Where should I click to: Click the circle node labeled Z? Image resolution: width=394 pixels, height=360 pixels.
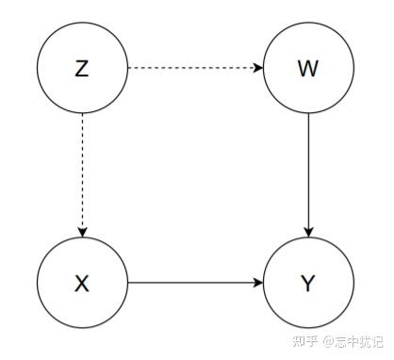click(82, 69)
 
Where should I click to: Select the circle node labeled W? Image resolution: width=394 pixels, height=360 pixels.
click(308, 69)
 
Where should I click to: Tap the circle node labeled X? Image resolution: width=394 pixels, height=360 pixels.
click(82, 282)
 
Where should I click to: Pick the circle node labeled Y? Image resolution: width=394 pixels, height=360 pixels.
click(308, 282)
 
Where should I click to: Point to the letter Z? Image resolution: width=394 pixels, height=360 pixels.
click(82, 69)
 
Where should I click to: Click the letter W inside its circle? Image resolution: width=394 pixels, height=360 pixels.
click(308, 69)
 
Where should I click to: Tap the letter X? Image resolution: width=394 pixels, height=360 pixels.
click(82, 283)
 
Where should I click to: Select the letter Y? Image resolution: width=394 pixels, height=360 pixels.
click(308, 283)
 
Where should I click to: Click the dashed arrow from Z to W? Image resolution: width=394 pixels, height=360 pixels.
click(193, 68)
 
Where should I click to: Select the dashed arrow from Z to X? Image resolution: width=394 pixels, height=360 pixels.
click(82, 174)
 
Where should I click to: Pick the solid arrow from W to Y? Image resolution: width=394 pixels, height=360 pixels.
click(308, 174)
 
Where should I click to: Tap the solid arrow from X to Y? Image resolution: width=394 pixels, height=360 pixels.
click(193, 282)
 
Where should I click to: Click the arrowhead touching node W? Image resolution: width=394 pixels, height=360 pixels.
click(257, 68)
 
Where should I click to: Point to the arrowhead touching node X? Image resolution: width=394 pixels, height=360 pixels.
click(82, 232)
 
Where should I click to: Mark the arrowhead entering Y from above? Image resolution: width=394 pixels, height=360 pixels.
click(308, 232)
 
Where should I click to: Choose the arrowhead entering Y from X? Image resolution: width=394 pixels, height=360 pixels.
click(257, 282)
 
